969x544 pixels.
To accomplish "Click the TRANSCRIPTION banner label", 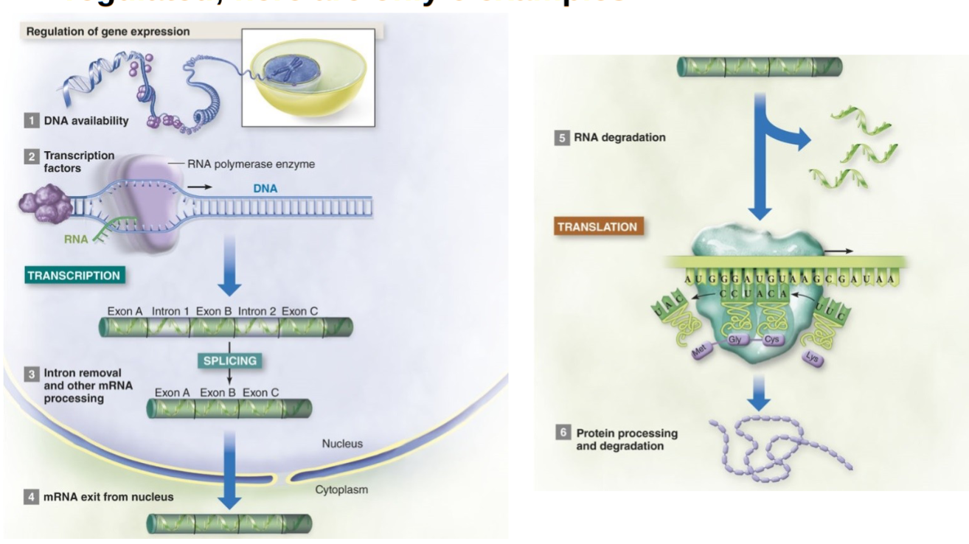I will coord(74,276).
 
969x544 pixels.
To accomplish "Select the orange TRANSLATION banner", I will coord(597,226).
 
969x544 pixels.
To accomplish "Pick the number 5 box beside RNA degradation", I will coord(562,137).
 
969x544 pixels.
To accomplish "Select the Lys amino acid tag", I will coord(812,358).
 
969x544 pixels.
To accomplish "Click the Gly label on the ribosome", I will coord(734,340).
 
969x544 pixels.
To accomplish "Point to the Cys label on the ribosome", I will coord(771,340).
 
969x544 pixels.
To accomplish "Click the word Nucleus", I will coord(342,444).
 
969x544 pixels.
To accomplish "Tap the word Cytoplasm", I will coord(341,489).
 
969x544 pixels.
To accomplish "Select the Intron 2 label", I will coord(256,311).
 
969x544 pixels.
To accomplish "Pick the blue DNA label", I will coord(265,189).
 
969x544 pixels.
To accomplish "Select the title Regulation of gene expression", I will coord(108,32).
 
